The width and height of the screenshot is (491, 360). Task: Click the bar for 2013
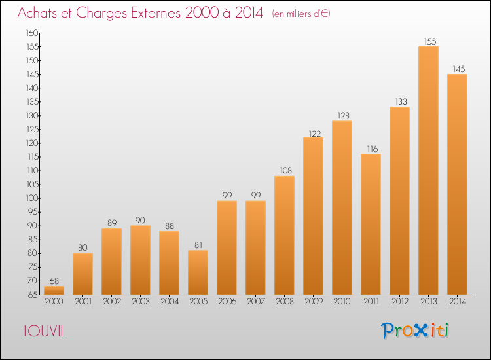(428, 170)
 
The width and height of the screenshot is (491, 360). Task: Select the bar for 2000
(54, 289)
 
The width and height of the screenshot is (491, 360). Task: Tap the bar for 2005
(198, 272)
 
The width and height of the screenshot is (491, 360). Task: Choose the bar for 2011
(371, 223)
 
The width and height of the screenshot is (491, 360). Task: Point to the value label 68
(54, 281)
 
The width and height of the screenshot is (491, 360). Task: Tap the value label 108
(284, 171)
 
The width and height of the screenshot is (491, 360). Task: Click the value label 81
(198, 245)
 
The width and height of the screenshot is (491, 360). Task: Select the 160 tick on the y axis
(31, 33)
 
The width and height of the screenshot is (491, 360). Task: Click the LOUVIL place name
(45, 331)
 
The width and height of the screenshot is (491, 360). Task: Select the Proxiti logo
(416, 331)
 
